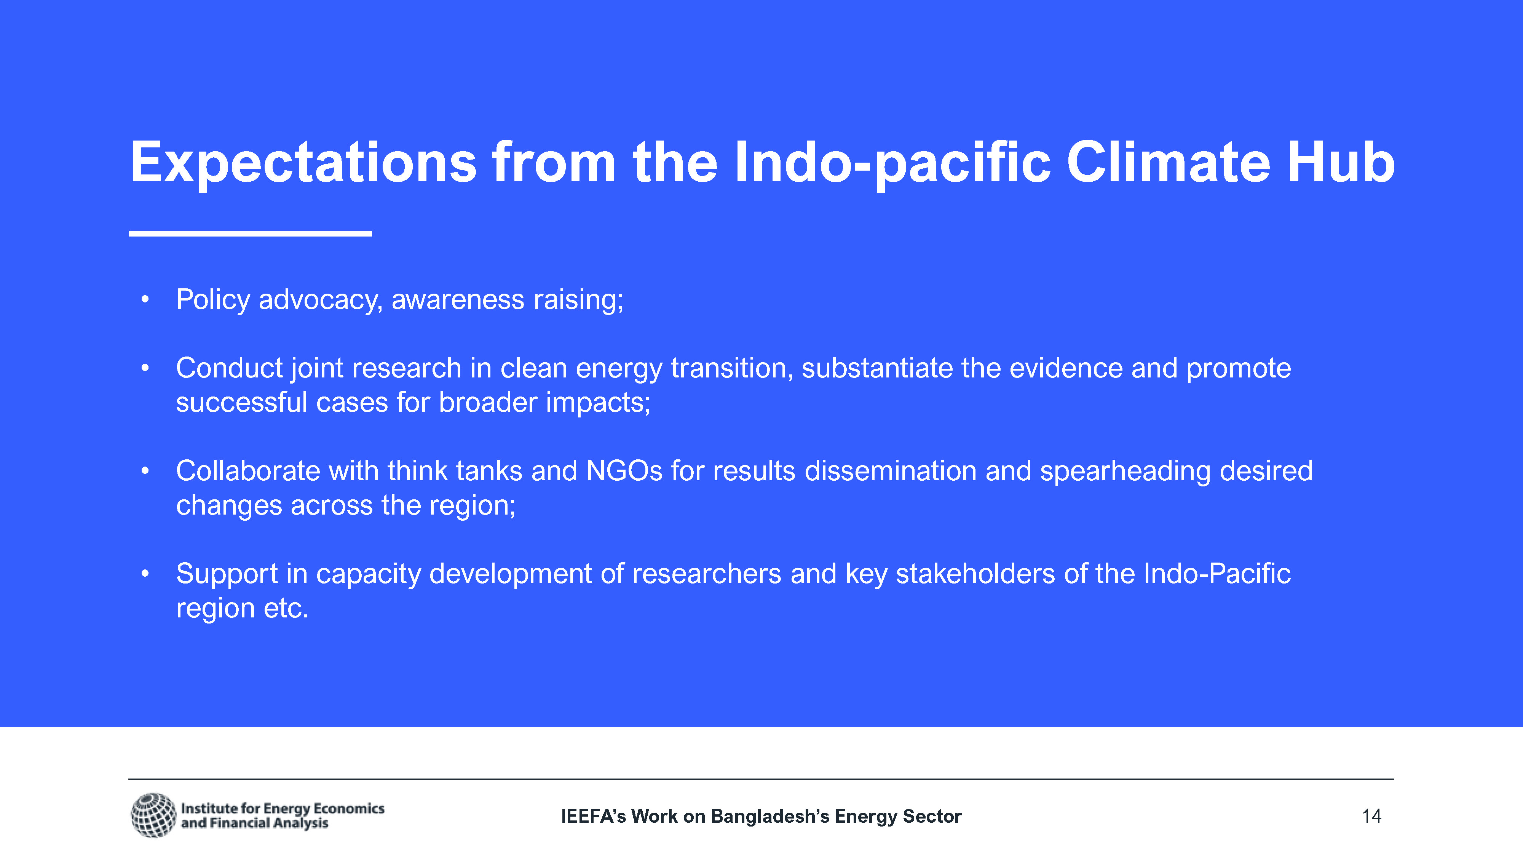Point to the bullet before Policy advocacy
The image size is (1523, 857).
(x=145, y=299)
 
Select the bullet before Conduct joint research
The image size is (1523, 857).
(x=145, y=368)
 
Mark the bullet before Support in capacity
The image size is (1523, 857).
(x=145, y=573)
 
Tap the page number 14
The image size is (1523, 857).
(x=1371, y=816)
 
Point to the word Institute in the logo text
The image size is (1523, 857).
(x=209, y=809)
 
